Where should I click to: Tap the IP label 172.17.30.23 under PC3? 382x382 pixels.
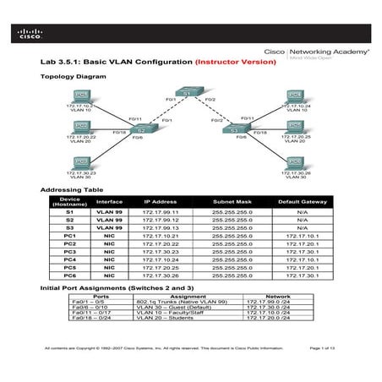pyautogui.click(x=82, y=172)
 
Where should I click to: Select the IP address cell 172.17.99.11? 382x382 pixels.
pyautogui.click(x=161, y=212)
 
